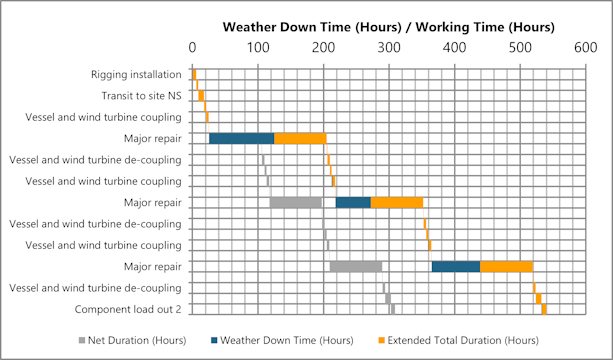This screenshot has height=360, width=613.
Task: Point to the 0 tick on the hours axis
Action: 192,46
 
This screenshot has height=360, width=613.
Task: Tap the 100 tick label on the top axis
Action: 258,46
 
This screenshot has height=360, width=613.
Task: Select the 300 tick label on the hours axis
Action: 389,46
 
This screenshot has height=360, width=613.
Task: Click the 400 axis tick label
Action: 454,46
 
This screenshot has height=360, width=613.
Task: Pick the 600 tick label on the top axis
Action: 585,46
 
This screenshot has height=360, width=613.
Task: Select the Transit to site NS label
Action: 141,96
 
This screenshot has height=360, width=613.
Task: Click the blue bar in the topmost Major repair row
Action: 241,138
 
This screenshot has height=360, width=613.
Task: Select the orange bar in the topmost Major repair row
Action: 300,138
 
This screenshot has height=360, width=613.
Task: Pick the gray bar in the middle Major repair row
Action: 295,202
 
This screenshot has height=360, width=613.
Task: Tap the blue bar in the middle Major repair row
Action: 353,202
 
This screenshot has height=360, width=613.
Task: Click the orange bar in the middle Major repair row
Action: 397,202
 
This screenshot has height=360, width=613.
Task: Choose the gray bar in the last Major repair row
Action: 356,266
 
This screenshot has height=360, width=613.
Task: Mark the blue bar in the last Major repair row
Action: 456,266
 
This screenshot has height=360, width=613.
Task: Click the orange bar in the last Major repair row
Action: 506,266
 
